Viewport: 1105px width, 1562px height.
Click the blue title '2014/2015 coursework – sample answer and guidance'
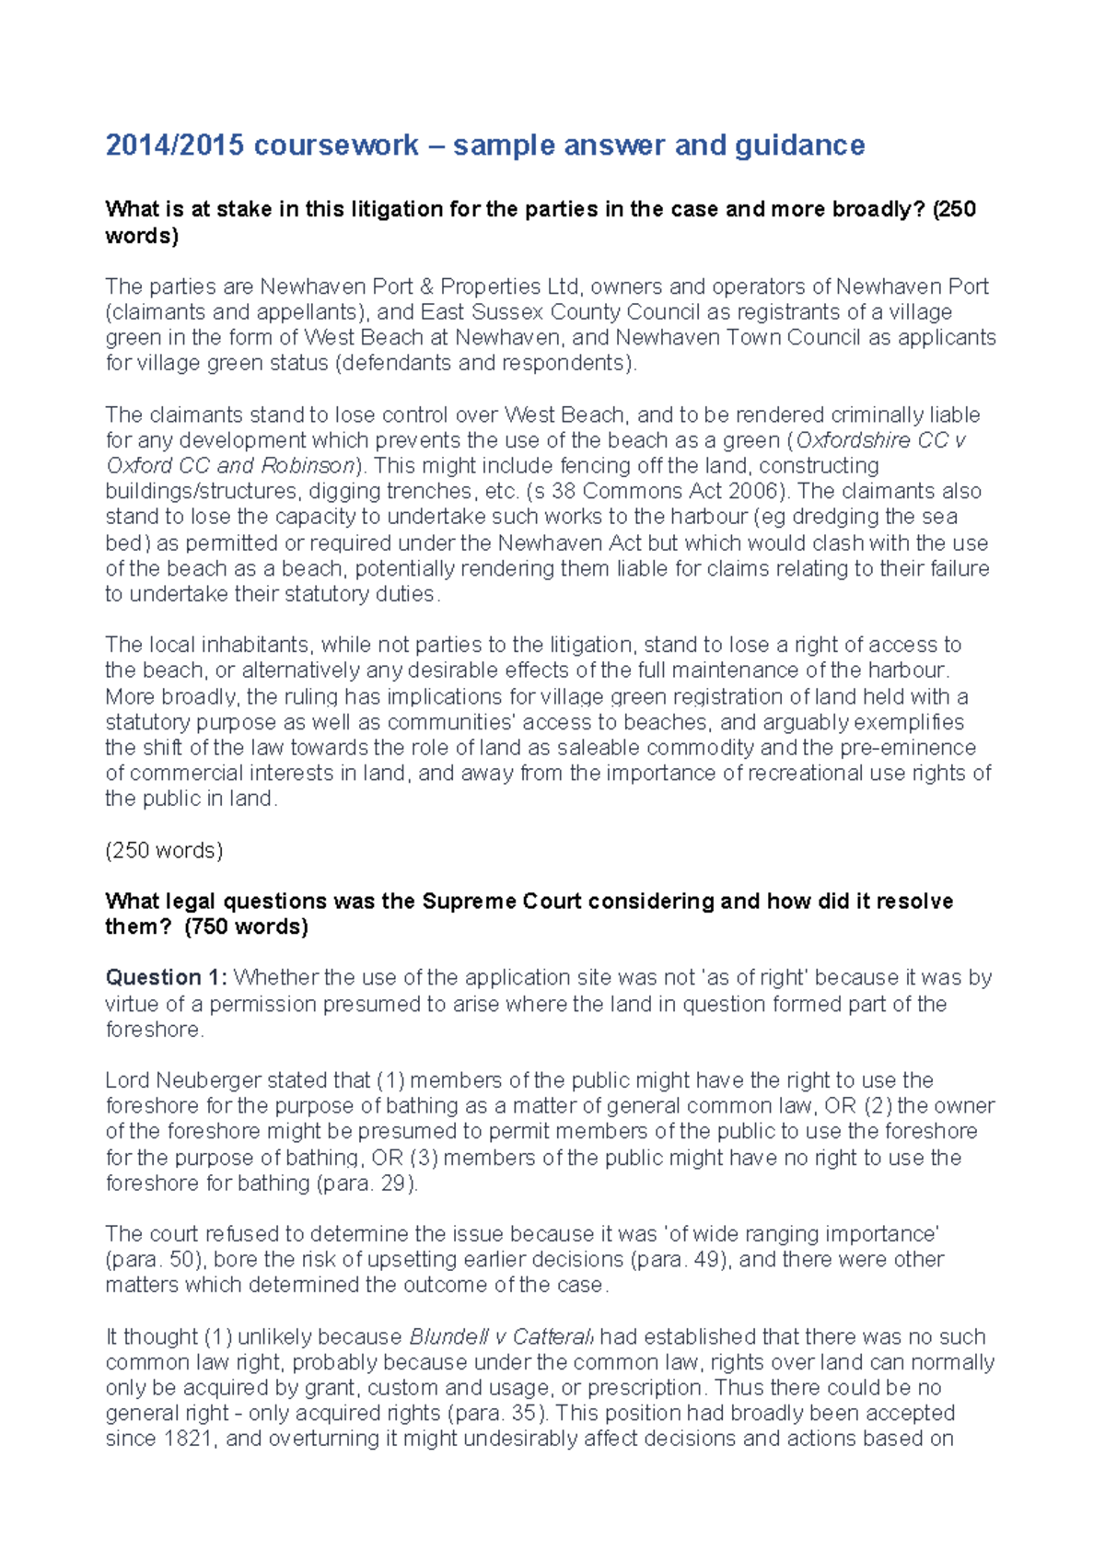(x=484, y=146)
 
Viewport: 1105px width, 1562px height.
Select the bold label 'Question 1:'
(x=167, y=977)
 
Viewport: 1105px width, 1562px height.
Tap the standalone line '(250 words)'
(x=164, y=850)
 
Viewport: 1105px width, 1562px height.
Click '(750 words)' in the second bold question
(x=246, y=927)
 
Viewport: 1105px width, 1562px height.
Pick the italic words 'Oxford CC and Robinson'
(x=230, y=465)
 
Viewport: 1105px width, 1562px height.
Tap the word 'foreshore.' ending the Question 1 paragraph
(x=155, y=1029)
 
